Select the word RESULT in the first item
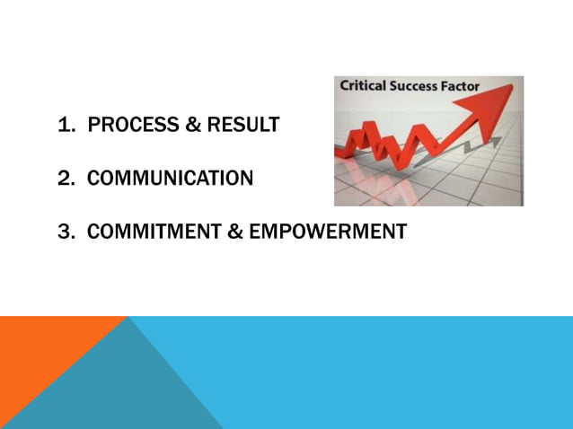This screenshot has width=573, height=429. point(243,126)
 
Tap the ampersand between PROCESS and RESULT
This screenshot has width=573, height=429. point(193,126)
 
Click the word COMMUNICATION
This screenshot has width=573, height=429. point(170,179)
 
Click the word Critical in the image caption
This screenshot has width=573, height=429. point(365,87)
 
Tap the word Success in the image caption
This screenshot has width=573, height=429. point(420,87)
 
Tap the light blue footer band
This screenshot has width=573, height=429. point(404,372)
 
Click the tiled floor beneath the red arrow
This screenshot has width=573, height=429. point(467,184)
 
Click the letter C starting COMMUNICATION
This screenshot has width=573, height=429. point(93,179)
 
